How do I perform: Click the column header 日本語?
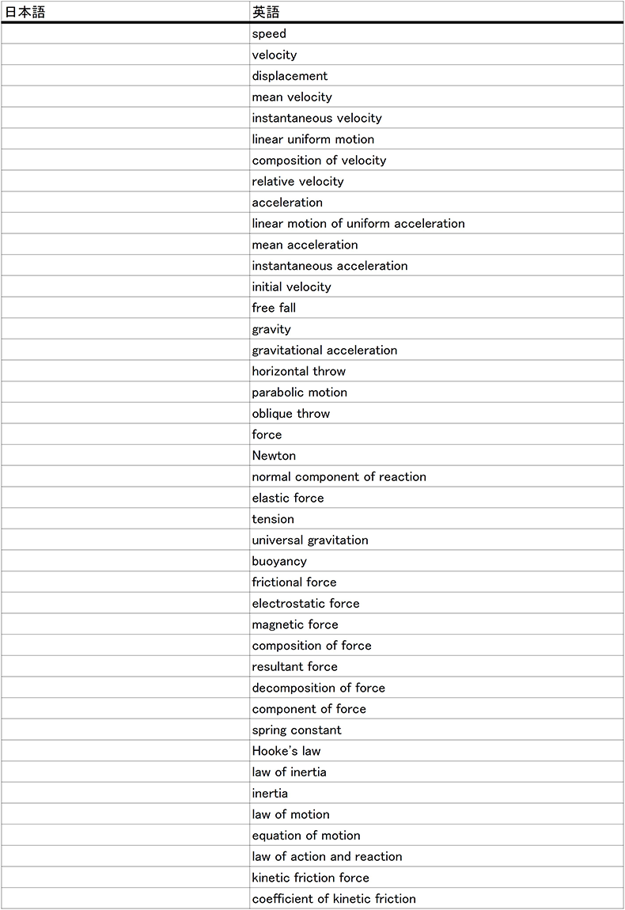25,12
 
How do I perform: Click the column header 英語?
266,12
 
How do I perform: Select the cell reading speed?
269,34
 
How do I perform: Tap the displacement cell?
290,76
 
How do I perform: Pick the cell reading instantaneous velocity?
316,118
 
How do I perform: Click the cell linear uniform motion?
313,139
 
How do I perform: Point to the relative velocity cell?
297,181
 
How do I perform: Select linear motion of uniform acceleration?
358,223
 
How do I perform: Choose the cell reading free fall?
274,308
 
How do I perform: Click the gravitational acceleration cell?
324,350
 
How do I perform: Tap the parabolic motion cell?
299,392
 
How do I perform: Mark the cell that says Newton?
274,456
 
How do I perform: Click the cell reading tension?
273,519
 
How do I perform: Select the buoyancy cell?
279,561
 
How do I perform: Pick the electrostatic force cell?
305,603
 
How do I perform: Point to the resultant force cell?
294,666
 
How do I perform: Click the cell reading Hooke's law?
286,751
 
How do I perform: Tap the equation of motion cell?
306,836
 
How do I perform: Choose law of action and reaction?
327,856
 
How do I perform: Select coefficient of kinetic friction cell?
334,899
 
